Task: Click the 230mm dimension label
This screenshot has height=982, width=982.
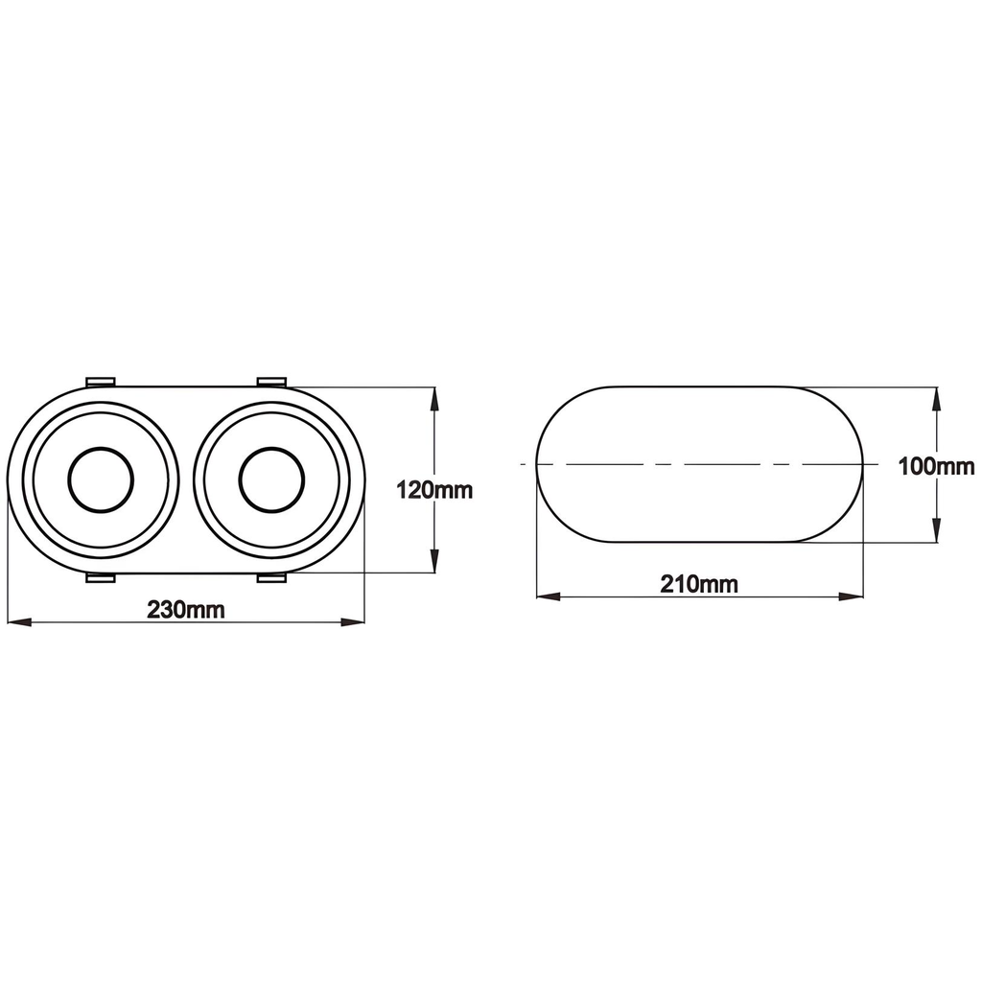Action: (186, 610)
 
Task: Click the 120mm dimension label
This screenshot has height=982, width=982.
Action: (435, 490)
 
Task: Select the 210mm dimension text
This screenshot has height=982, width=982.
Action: (699, 584)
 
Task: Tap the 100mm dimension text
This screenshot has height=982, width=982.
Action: (937, 467)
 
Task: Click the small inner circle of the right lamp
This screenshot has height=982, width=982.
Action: (271, 479)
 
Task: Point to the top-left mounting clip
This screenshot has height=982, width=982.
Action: (102, 383)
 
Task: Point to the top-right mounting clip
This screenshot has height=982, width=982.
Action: (271, 383)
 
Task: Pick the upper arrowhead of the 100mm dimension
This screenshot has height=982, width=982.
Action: (936, 399)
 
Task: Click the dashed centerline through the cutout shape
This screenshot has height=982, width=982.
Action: (671, 464)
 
